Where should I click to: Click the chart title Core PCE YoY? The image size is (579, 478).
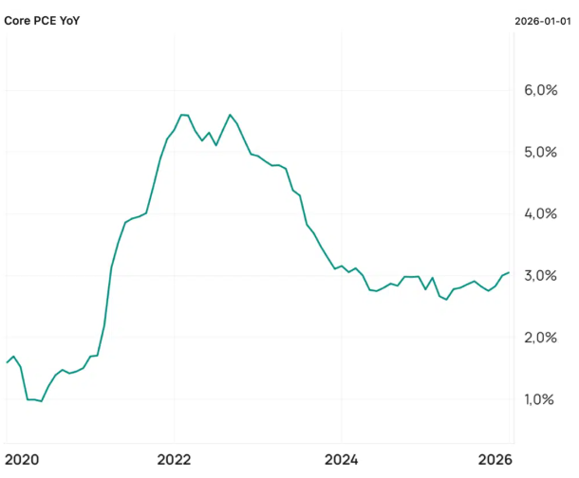tap(42, 21)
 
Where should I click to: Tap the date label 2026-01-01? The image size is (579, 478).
tap(542, 21)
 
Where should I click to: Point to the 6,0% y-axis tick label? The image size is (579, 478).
tap(541, 90)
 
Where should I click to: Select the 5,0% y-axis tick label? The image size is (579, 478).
tap(541, 152)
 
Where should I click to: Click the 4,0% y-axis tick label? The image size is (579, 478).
tap(541, 214)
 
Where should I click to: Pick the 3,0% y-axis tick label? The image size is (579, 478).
tap(541, 275)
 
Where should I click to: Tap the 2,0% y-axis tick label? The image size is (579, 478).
tap(541, 338)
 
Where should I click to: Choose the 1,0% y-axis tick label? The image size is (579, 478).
tap(539, 399)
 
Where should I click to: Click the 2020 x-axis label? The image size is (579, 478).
tap(22, 460)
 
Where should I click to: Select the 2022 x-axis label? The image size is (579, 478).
tap(174, 460)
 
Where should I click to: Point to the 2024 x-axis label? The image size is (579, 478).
tap(341, 460)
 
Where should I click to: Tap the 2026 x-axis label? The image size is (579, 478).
tap(495, 460)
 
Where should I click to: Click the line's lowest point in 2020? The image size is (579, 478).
tap(42, 401)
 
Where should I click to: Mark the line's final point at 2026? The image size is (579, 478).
tap(509, 272)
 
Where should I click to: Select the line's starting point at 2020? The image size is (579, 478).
tap(7, 362)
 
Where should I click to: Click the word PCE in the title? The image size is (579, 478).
tap(45, 21)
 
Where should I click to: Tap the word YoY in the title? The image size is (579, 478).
tap(70, 21)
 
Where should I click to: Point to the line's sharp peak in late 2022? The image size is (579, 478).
tap(230, 115)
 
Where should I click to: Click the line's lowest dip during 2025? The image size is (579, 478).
tap(446, 300)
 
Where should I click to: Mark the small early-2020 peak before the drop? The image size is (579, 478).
tap(13, 357)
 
